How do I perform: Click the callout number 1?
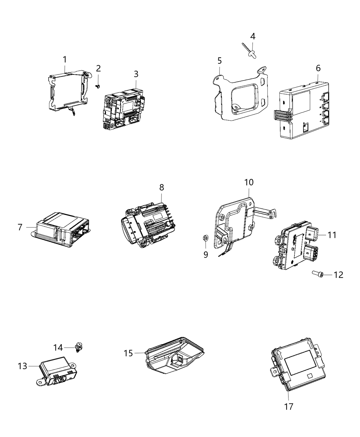[64, 60]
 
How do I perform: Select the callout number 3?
[136, 74]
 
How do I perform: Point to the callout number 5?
[219, 61]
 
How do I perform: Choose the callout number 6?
[318, 68]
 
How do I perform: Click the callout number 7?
[20, 227]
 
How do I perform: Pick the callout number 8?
[161, 187]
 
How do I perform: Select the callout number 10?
[249, 182]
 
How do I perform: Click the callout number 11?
[332, 235]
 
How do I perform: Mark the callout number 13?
[22, 366]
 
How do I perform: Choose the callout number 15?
[128, 353]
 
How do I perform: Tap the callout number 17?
[289, 406]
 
